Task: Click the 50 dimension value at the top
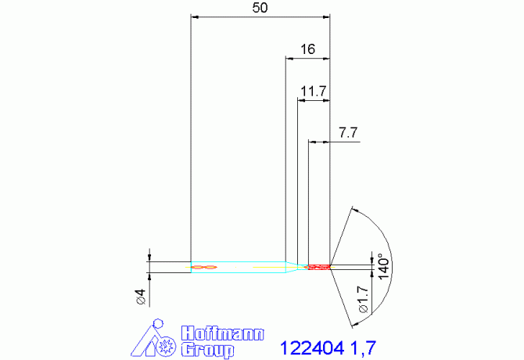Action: coord(261,8)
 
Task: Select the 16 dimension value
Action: coord(307,49)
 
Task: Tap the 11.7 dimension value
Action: coord(313,92)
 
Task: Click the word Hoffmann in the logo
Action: coord(223,333)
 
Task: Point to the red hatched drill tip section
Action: coord(319,267)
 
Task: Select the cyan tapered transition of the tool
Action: coord(292,267)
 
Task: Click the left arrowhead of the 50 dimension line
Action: coord(196,16)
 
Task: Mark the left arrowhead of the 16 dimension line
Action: coord(289,58)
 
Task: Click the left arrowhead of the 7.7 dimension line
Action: coord(312,142)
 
